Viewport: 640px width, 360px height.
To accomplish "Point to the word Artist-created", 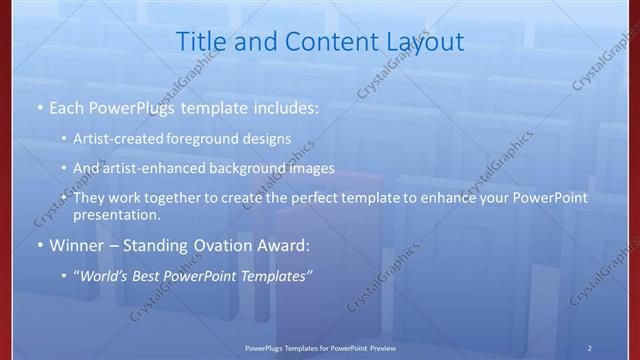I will pos(121,138).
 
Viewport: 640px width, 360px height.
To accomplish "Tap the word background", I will pos(252,168).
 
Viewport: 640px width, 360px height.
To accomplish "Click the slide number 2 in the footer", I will pos(590,347).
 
